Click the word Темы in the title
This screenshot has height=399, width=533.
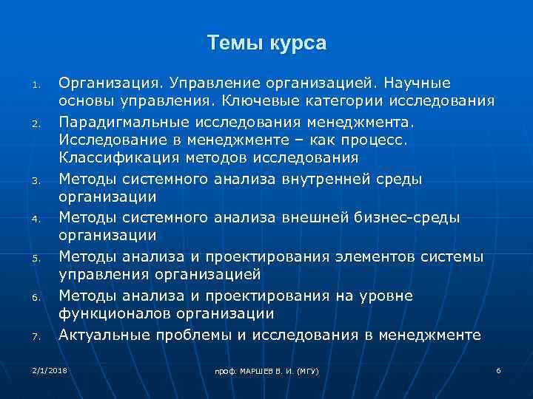[x=232, y=44]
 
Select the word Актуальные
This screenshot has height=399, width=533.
[x=104, y=335]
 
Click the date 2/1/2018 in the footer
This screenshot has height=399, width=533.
[x=49, y=367]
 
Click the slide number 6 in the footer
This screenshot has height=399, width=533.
[x=498, y=368]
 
